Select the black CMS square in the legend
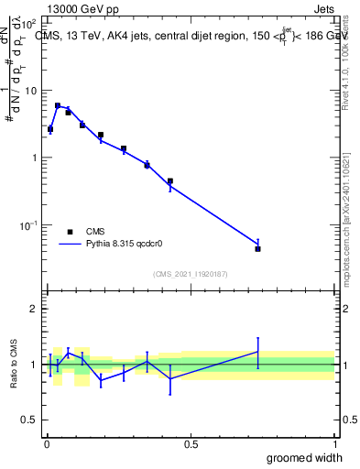70,232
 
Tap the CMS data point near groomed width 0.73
258,248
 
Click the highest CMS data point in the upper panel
58,106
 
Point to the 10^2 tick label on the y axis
28,24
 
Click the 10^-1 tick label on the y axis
28,225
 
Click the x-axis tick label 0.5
191,444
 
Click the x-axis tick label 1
334,444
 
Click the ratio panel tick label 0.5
30,420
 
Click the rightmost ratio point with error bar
258,352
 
